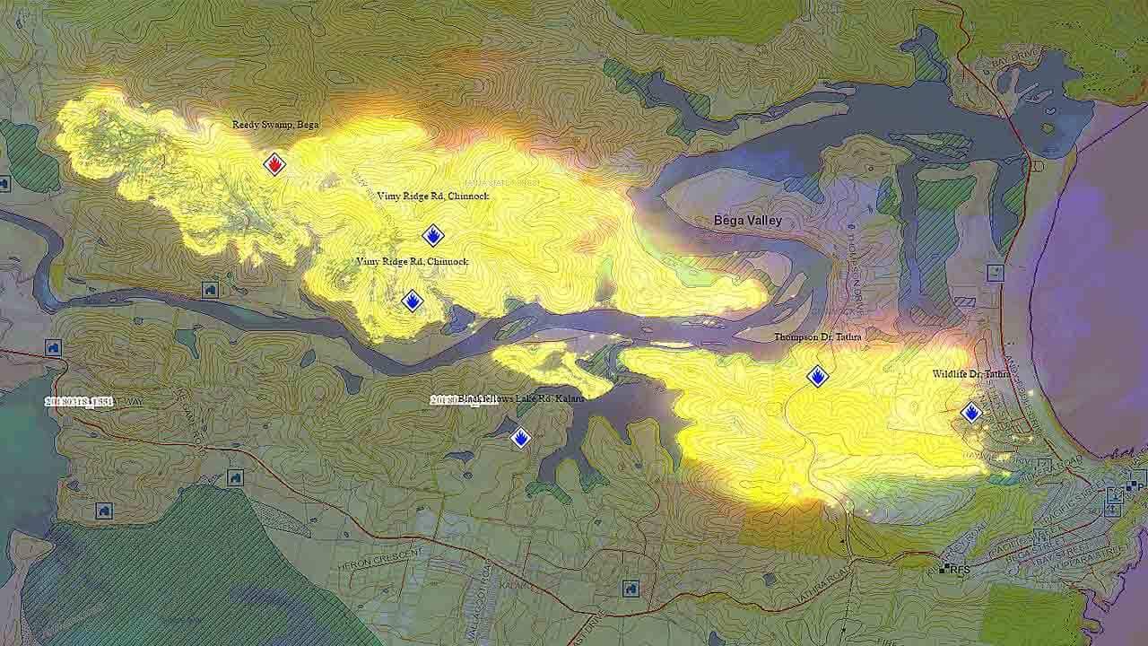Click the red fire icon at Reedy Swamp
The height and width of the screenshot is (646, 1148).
click(274, 164)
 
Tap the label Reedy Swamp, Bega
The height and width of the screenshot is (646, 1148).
click(275, 125)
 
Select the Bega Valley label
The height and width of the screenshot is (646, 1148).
click(747, 221)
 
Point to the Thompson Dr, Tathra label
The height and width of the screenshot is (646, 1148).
click(818, 337)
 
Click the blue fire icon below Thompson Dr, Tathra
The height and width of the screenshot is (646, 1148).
click(817, 377)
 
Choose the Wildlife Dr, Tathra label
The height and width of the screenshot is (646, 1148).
click(970, 373)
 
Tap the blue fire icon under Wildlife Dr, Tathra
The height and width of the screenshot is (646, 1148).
click(971, 413)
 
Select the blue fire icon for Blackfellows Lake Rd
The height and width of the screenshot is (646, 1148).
click(520, 438)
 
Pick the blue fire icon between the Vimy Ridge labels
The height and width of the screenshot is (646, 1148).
click(433, 236)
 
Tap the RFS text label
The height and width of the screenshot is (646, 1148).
click(961, 569)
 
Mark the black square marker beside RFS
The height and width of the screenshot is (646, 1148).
click(944, 569)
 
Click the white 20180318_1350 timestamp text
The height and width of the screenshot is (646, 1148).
click(79, 402)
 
